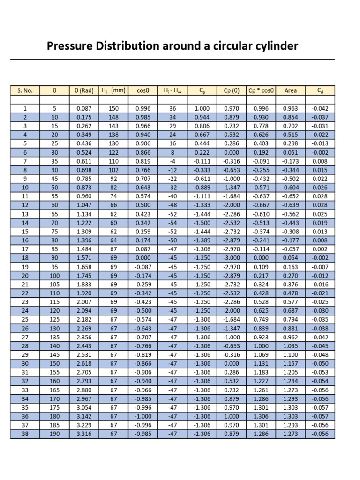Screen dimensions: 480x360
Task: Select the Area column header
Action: pyautogui.click(x=291, y=90)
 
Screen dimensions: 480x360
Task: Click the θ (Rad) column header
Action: pyautogui.click(x=85, y=90)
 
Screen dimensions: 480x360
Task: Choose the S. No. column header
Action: pyautogui.click(x=25, y=90)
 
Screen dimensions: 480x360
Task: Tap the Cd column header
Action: pyautogui.click(x=320, y=90)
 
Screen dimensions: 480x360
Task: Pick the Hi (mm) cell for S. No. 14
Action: pyautogui.click(x=113, y=223)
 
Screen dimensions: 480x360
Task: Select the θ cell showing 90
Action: pyautogui.click(x=55, y=258)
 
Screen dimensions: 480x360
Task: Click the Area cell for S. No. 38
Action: pyautogui.click(x=291, y=434)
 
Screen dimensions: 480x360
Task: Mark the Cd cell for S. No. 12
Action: pyautogui.click(x=320, y=205)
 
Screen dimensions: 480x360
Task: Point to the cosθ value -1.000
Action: pyautogui.click(x=143, y=416)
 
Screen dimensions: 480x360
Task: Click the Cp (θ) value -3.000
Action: pyautogui.click(x=232, y=258)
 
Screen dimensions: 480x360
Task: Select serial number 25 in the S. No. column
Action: pyautogui.click(x=25, y=319)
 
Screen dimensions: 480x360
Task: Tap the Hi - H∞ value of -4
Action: pyautogui.click(x=172, y=161)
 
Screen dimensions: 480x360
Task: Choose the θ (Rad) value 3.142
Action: pyautogui.click(x=85, y=416)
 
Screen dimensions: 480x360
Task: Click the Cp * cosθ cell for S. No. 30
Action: pyautogui.click(x=261, y=363)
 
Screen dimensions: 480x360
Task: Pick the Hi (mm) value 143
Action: pyautogui.click(x=113, y=126)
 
